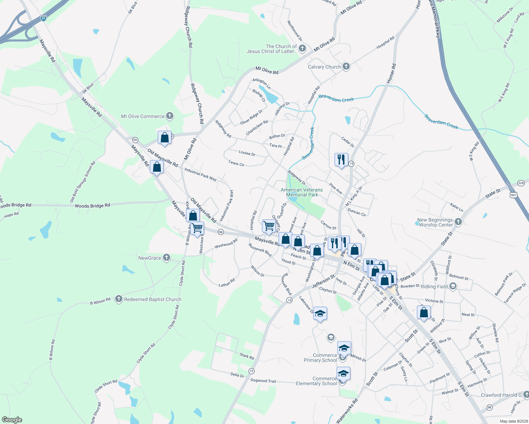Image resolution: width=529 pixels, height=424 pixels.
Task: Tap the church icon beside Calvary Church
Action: [346, 66]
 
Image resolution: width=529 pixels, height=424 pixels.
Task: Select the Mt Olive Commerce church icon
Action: [170, 116]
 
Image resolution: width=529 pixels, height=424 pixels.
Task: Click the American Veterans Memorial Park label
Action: [302, 192]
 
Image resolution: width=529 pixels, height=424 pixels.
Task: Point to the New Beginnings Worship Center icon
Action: [458, 222]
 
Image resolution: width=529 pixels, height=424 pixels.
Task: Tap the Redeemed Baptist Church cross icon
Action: [119, 299]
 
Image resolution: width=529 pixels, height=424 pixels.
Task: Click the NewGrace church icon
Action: [167, 258]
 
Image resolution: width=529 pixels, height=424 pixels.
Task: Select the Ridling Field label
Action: [434, 287]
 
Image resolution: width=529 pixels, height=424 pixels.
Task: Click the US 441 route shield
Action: [513, 195]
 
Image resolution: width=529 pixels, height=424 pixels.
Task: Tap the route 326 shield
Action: [521, 183]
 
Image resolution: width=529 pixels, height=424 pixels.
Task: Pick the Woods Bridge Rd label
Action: [92, 205]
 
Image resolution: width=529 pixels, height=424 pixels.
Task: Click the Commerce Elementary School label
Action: [316, 381]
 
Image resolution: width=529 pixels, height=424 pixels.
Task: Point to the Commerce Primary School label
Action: [320, 358]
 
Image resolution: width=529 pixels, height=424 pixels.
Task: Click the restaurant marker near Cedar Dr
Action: [341, 160]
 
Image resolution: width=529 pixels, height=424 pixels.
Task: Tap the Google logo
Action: [12, 420]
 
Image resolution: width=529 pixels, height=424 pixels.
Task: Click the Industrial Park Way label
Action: [200, 174]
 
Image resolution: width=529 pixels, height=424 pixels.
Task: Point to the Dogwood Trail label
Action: [263, 381]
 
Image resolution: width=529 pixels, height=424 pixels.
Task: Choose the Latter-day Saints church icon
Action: [302, 48]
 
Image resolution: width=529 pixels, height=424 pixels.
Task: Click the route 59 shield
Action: [135, 140]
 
